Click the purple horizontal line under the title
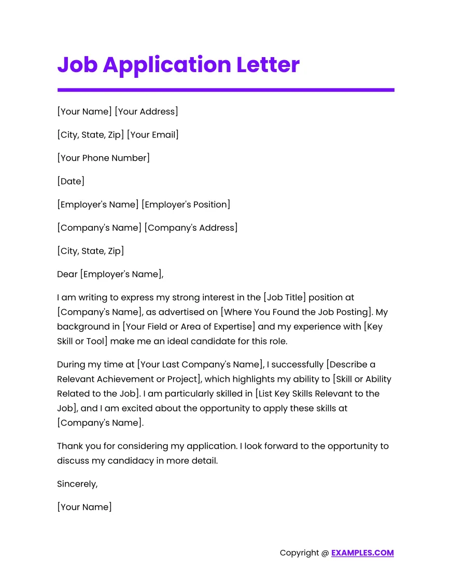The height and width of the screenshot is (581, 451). tap(225, 90)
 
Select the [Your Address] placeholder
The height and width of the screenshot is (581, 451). tap(146, 112)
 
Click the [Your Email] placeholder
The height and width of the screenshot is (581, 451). tap(152, 135)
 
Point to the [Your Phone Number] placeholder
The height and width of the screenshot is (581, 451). tap(103, 158)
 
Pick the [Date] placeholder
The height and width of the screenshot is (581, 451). tap(71, 182)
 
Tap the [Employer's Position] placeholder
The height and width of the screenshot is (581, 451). tap(187, 204)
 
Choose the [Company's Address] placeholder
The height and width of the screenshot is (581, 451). tap(191, 228)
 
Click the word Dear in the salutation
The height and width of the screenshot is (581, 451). tap(67, 274)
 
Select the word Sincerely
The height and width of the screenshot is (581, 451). tap(77, 484)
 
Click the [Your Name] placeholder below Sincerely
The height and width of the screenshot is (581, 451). tap(84, 507)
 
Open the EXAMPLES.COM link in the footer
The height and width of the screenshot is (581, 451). tap(362, 553)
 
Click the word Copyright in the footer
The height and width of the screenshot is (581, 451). tap(299, 553)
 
